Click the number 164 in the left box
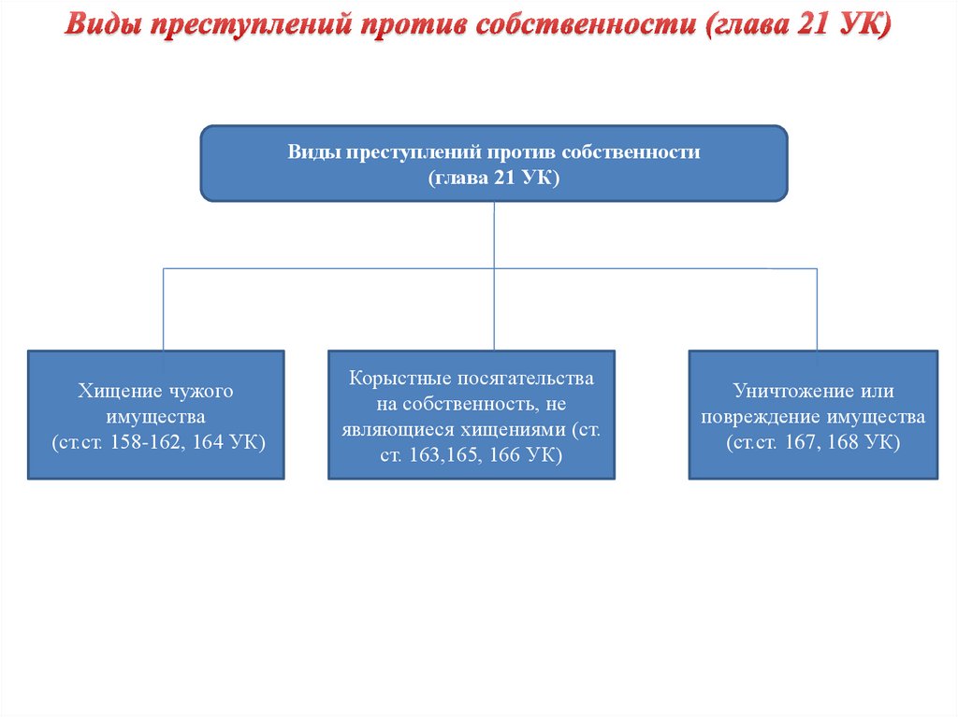(209, 442)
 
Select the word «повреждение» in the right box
(758, 416)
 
